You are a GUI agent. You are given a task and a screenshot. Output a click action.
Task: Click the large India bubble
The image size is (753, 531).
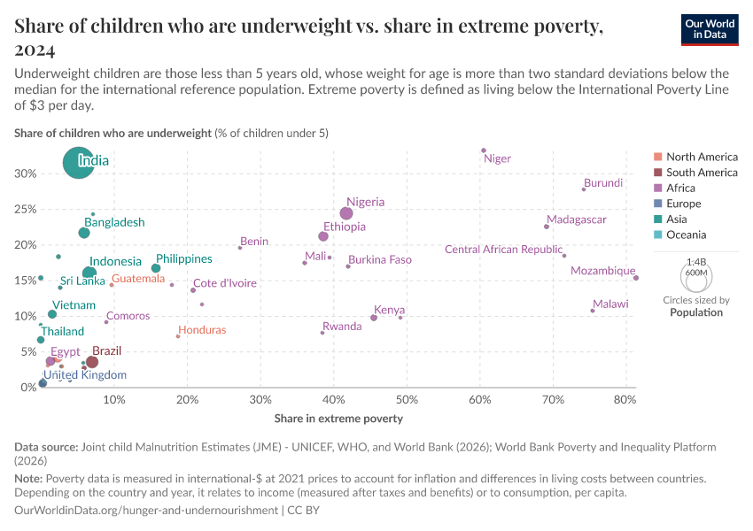[80, 162]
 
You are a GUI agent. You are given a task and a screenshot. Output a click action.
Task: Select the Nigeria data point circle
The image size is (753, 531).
[346, 213]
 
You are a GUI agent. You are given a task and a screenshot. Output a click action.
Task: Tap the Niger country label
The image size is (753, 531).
[497, 159]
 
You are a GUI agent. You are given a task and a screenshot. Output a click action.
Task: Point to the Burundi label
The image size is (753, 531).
[603, 183]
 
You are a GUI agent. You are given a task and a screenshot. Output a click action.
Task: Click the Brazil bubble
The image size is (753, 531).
[91, 362]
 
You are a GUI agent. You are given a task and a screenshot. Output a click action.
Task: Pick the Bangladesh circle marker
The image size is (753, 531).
[84, 233]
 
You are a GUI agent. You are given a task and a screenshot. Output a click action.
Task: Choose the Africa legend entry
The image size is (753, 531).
[680, 188]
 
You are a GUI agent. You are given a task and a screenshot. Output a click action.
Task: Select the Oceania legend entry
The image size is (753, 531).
[686, 235]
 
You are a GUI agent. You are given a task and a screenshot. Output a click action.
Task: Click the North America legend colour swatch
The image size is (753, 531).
[656, 157]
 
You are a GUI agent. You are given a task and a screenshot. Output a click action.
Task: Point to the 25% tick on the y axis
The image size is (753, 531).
[25, 209]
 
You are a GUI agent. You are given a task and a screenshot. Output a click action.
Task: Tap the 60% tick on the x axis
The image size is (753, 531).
[480, 400]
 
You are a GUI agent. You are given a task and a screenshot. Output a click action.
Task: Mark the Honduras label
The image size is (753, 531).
[203, 330]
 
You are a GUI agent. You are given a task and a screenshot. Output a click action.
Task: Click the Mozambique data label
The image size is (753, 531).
[602, 271]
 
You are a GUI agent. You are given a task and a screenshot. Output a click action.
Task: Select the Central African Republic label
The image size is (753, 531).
[503, 250]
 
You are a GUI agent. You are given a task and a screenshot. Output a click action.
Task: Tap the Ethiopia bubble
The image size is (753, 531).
[323, 236]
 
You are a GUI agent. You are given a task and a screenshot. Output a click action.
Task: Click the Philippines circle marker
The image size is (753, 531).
[156, 268]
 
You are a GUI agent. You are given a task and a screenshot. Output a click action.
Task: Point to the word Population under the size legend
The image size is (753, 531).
[696, 312]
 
